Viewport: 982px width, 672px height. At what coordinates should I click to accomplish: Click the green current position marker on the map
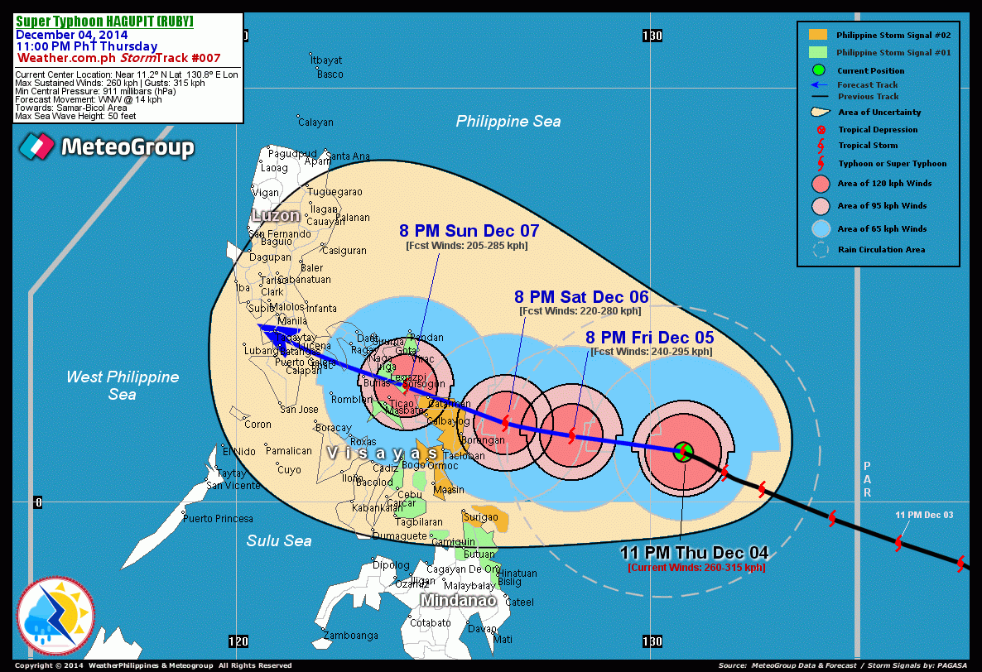pyautogui.click(x=683, y=452)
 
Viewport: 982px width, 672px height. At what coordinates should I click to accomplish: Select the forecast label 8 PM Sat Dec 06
pyautogui.click(x=581, y=297)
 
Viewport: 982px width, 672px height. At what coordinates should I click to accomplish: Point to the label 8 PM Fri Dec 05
pyautogui.click(x=650, y=338)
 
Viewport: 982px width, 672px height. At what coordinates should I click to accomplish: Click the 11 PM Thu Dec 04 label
pyautogui.click(x=695, y=553)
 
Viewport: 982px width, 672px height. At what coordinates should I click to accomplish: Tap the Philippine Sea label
pyautogui.click(x=508, y=122)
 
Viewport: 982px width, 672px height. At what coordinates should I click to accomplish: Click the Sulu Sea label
pyautogui.click(x=279, y=540)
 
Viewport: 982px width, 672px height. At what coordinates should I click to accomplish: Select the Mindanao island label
pyautogui.click(x=457, y=600)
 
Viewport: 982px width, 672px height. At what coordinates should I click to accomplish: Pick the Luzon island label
pyautogui.click(x=277, y=216)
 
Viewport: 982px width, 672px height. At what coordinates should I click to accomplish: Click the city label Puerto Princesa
pyautogui.click(x=219, y=519)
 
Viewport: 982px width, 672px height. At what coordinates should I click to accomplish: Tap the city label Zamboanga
pyautogui.click(x=350, y=636)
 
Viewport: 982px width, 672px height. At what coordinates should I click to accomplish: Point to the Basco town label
pyautogui.click(x=330, y=74)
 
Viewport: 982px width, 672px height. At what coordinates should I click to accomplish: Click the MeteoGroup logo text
pyautogui.click(x=128, y=148)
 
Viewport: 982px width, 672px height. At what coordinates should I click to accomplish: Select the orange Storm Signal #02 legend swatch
pyautogui.click(x=818, y=35)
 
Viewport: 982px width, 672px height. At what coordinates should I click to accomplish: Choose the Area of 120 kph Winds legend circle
pyautogui.click(x=821, y=184)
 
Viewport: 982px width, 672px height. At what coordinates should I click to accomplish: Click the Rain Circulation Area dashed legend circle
pyautogui.click(x=821, y=249)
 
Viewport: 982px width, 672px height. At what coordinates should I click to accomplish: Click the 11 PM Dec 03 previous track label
pyautogui.click(x=924, y=515)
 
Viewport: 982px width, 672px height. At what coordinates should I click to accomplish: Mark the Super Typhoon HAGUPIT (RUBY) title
pyautogui.click(x=104, y=22)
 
